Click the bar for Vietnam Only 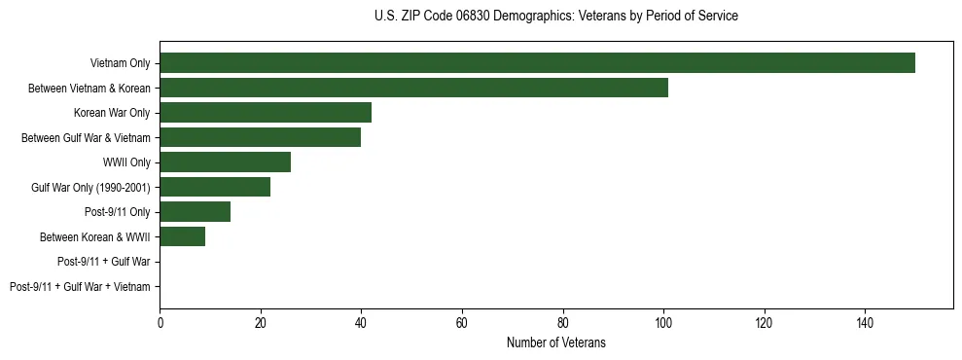537,63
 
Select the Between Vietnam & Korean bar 413,88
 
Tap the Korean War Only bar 266,113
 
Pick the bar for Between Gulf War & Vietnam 260,137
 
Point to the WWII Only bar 225,162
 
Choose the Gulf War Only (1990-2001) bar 215,187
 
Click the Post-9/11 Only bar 195,212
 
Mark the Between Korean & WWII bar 182,236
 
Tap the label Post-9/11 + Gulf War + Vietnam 80,287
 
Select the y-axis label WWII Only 126,162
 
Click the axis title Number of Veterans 555,342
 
